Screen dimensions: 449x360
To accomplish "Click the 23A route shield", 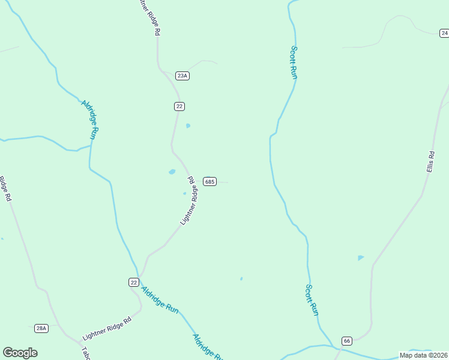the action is pos(182,76).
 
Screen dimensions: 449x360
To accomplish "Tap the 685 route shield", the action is pos(209,182).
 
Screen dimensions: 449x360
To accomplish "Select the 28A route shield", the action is pos(41,328).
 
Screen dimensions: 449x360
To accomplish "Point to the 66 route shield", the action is pos(346,341).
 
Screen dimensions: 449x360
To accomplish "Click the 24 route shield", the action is pos(444,34).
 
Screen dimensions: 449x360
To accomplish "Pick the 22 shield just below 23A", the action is pos(179,106).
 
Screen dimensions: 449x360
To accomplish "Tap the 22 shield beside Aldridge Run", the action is pos(134,282).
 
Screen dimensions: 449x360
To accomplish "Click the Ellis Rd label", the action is pos(430,162).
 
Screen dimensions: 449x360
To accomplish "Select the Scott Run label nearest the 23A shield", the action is pos(294,62).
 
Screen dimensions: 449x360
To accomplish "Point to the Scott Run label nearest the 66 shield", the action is pos(311,300).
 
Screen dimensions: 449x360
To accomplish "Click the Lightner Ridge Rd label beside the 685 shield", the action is pos(190,201).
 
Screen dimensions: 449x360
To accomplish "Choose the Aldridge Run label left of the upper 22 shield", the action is pos(89,119).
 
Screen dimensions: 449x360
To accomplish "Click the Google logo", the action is pos(20,353).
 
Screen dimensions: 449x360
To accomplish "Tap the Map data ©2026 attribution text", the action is pos(423,355).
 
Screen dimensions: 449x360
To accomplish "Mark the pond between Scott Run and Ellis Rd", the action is pos(360,257).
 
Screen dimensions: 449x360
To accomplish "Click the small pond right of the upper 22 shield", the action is pos(188,126).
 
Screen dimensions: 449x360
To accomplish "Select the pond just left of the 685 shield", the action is pos(172,172).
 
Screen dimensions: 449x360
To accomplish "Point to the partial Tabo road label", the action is pos(85,354).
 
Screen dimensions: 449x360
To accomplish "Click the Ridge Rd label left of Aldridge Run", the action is pos(5,188).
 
